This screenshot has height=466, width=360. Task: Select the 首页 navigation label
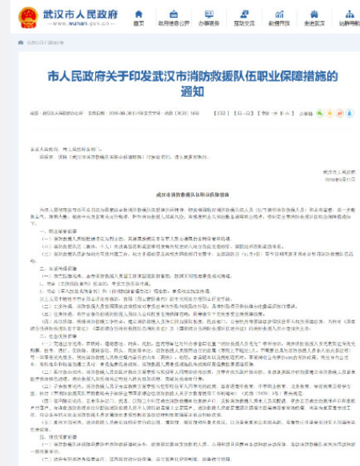click(139, 24)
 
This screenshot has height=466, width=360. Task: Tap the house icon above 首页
click(139, 14)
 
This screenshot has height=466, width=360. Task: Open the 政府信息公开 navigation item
click(174, 24)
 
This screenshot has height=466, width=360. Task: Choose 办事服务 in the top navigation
click(210, 24)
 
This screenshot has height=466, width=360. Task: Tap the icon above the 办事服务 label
click(210, 14)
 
